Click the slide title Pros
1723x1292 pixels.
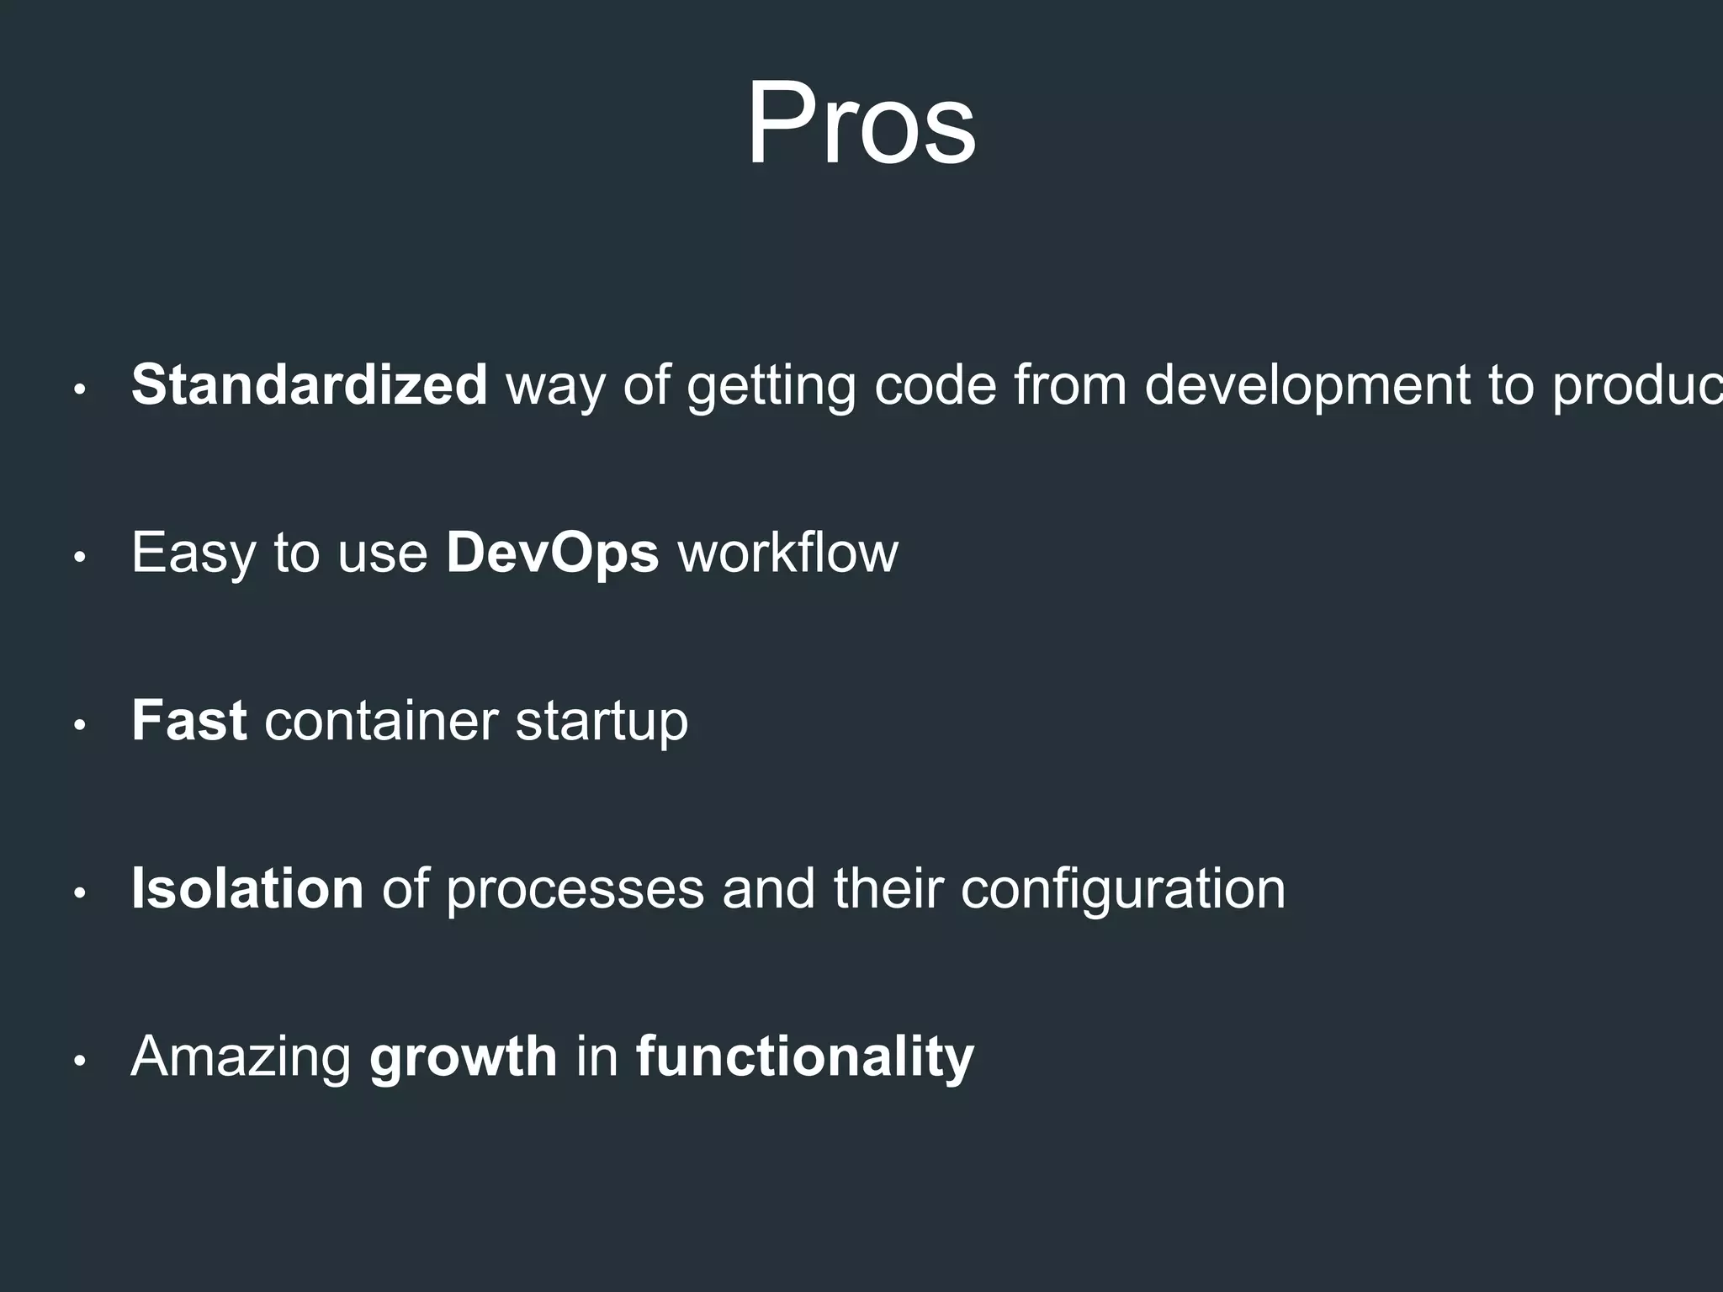[x=861, y=124]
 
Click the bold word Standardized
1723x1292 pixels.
[x=309, y=385]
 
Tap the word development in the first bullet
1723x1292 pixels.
[x=1307, y=385]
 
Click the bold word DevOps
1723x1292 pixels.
[x=552, y=553]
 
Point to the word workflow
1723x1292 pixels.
[x=788, y=553]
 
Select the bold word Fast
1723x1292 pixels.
[x=188, y=721]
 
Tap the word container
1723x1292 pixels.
[x=381, y=722]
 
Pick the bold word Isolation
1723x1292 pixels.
[x=247, y=889]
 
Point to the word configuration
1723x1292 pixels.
[x=1122, y=890]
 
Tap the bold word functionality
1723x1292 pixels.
[x=804, y=1057]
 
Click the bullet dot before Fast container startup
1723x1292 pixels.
[x=80, y=726]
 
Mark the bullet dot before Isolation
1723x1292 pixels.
[x=80, y=894]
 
